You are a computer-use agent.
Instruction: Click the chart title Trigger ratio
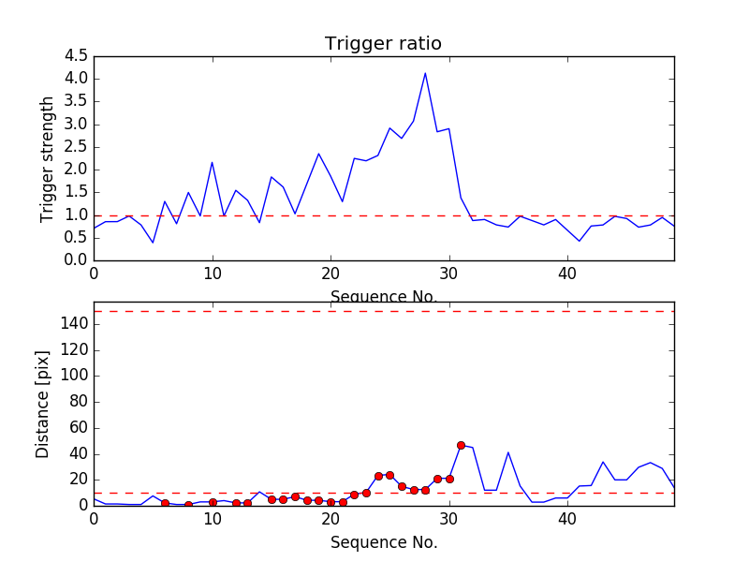tap(383, 44)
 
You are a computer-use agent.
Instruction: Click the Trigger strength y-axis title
tap(48, 158)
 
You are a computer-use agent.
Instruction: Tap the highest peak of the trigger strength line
tap(425, 73)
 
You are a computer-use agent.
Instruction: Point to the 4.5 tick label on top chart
tap(77, 55)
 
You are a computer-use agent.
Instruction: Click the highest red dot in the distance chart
tap(461, 445)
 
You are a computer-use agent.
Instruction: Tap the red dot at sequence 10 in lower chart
tap(213, 502)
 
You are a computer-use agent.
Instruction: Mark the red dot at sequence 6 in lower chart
tap(165, 503)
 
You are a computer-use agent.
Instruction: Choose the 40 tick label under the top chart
tap(567, 274)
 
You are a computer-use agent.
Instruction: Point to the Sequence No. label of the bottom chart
tap(383, 542)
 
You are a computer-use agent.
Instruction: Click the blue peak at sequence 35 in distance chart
tap(508, 452)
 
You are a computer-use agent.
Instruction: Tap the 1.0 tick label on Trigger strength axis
tap(77, 214)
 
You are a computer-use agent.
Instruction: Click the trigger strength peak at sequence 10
tap(213, 162)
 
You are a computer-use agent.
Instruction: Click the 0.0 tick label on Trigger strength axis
tap(77, 260)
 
